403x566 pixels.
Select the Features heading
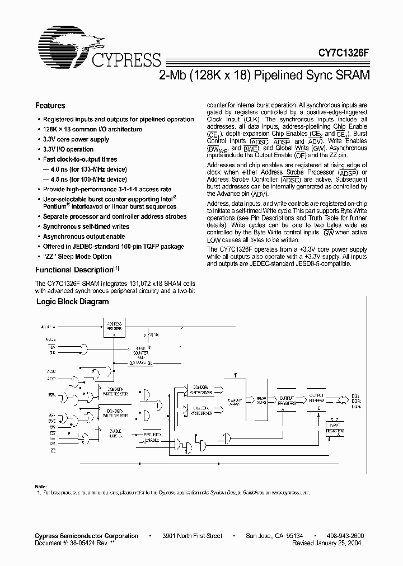[50, 106]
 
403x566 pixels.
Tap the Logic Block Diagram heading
[73, 301]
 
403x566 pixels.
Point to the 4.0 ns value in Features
[58, 169]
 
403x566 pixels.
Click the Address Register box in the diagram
[115, 326]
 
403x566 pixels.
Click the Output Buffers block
[317, 399]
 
